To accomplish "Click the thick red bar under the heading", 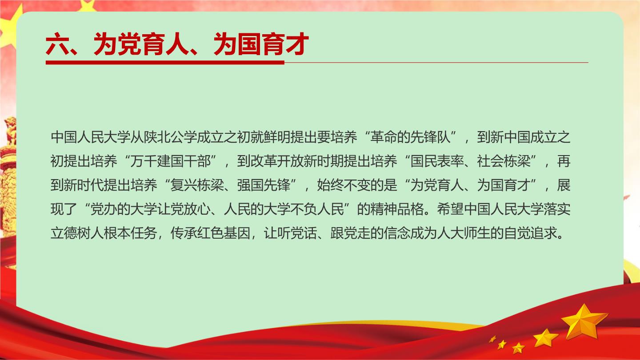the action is [x=165, y=62].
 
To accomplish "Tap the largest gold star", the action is [x=584, y=321].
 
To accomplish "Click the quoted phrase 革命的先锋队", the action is [x=410, y=137].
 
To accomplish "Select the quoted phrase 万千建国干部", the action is [x=170, y=161].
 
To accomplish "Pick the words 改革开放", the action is [x=277, y=161].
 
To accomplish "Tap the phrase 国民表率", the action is [x=437, y=161].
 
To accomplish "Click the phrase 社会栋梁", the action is [x=504, y=161].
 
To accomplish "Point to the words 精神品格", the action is [x=397, y=209].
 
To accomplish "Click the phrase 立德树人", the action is [x=77, y=233].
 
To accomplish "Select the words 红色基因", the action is [x=224, y=233].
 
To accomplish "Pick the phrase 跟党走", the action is [x=350, y=233].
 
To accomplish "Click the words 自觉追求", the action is [x=530, y=233].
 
